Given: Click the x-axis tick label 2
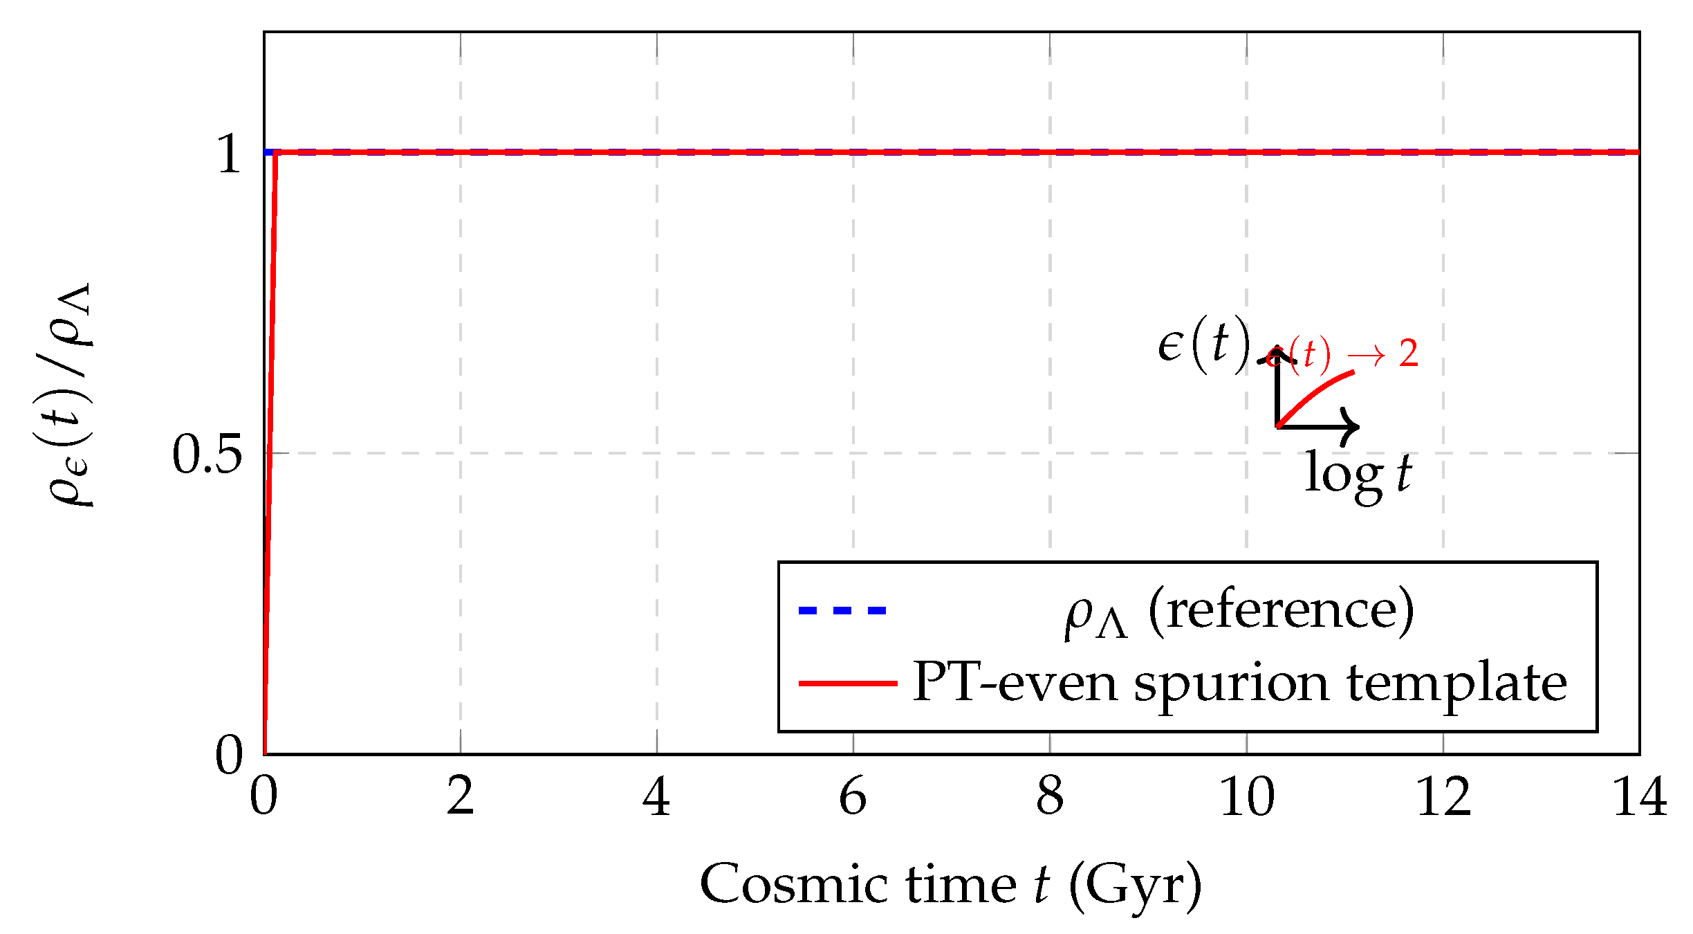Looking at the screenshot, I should (461, 796).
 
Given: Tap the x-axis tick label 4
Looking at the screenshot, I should (656, 796).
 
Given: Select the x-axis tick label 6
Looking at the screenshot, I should (853, 796).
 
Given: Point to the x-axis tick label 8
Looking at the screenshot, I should (1050, 796).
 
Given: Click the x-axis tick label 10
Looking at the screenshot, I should (1247, 796).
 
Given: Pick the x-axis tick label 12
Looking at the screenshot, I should (1443, 796).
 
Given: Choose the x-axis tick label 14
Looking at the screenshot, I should (1640, 796).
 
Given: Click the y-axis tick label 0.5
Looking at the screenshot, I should (207, 455).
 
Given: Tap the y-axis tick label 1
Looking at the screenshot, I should (229, 154).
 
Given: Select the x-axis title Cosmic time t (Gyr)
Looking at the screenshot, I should (951, 885).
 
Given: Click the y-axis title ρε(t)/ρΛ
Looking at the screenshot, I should (69, 394).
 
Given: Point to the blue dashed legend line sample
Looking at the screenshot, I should (842, 610).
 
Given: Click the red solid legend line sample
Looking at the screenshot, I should (848, 684).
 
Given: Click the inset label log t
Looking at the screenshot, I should (1358, 475).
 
